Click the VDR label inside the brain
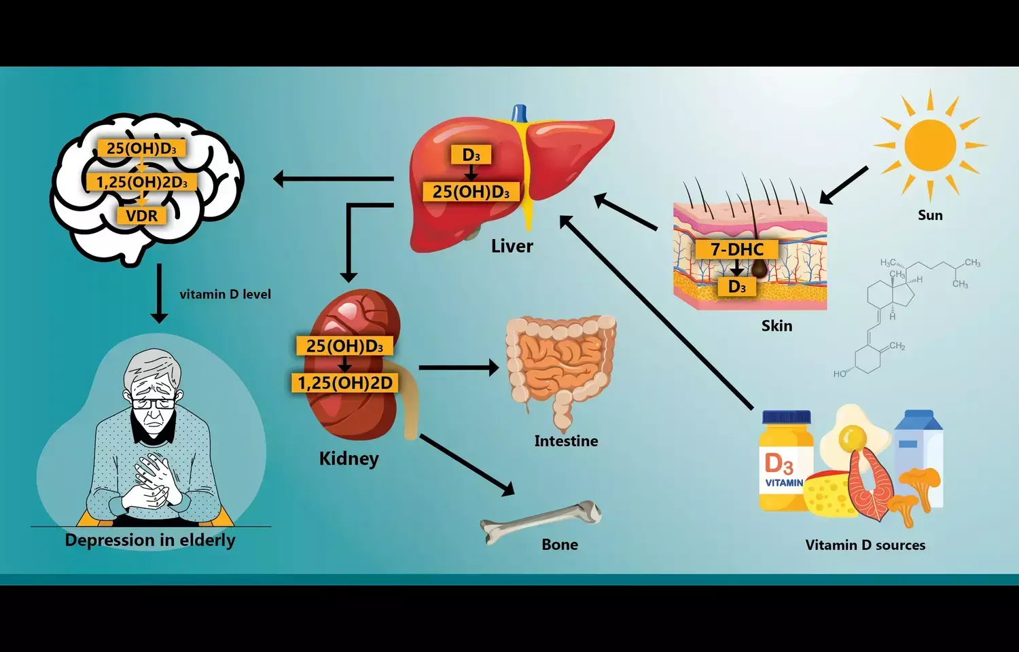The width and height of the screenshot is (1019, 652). [x=141, y=216]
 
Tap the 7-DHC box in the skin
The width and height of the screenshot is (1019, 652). [x=737, y=249]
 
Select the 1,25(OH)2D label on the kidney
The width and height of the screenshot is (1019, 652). [x=345, y=383]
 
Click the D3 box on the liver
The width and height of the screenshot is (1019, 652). [x=471, y=156]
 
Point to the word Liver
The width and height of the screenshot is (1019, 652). [x=512, y=246]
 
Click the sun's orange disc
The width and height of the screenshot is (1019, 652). [x=930, y=145]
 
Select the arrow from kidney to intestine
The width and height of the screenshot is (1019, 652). [x=459, y=367]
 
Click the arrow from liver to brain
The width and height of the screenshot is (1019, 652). [x=333, y=179]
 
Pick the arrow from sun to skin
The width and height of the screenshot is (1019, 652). [x=844, y=185]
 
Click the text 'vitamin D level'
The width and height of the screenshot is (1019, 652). [x=225, y=294]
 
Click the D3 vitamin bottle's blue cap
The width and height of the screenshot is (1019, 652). [x=786, y=417]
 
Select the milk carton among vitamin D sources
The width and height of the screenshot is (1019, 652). [x=918, y=448]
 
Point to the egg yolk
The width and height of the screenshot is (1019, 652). [x=852, y=439]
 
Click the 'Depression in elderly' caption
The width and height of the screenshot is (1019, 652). [x=150, y=541]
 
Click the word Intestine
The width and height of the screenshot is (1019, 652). [x=566, y=441]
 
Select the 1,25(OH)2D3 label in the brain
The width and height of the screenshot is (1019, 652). [x=141, y=182]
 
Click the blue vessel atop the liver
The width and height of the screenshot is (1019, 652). [x=520, y=112]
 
